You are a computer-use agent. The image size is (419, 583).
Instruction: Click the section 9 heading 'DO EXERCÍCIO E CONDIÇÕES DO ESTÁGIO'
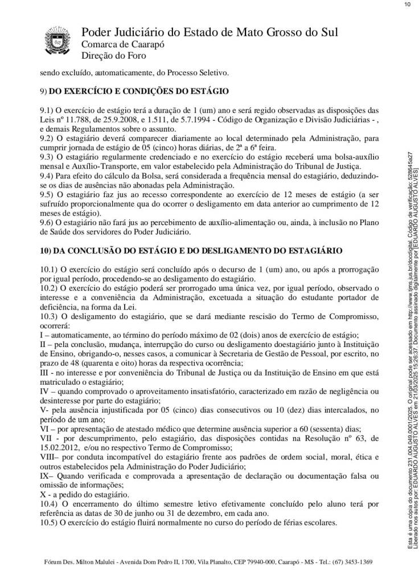[139, 91]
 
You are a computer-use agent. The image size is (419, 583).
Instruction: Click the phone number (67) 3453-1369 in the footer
[352, 562]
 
